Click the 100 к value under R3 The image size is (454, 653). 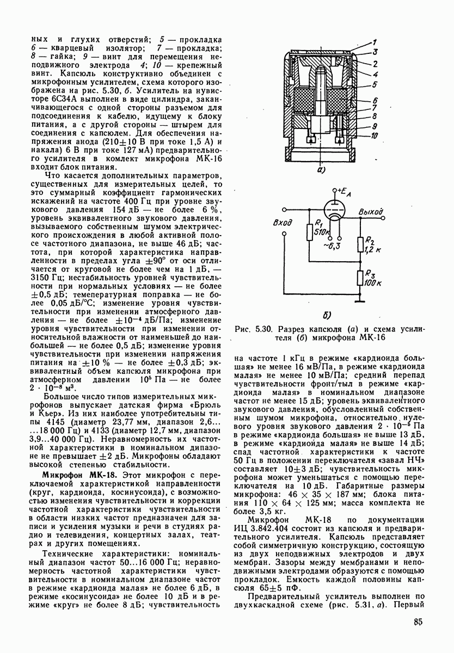[373, 284]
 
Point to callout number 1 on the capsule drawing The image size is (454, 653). [375, 42]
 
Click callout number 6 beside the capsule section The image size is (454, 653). [375, 101]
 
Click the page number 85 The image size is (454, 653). [419, 623]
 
